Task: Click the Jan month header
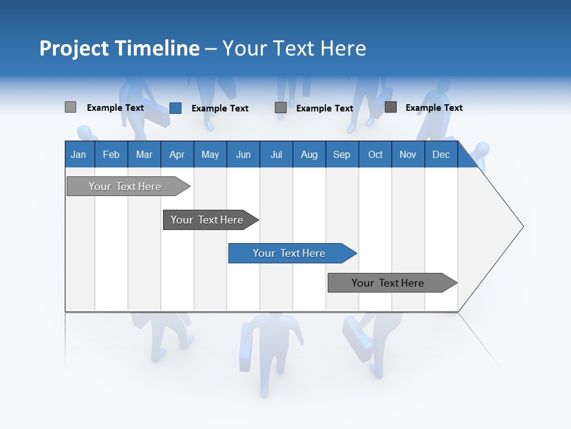pyautogui.click(x=79, y=154)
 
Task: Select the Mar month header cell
pyautogui.click(x=144, y=154)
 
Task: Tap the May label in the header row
pyautogui.click(x=210, y=154)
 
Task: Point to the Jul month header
pyautogui.click(x=276, y=154)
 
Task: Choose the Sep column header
pyautogui.click(x=341, y=154)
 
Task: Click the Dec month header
pyautogui.click(x=441, y=154)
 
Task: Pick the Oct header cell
pyautogui.click(x=375, y=154)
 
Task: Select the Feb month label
pyautogui.click(x=111, y=154)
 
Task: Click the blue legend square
pyautogui.click(x=175, y=108)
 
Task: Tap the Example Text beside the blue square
pyautogui.click(x=219, y=108)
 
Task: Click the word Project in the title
pyautogui.click(x=74, y=48)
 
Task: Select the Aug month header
pyautogui.click(x=309, y=154)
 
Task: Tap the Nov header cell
pyautogui.click(x=408, y=154)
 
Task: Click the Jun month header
pyautogui.click(x=243, y=154)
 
